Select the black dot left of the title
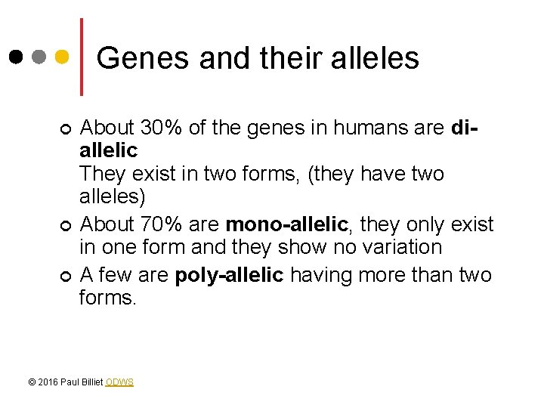(x=17, y=57)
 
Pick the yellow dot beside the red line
(x=63, y=57)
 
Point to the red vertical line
(x=82, y=57)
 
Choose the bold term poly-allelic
(x=229, y=274)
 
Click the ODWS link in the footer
(x=119, y=382)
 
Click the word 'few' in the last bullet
(x=113, y=274)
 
